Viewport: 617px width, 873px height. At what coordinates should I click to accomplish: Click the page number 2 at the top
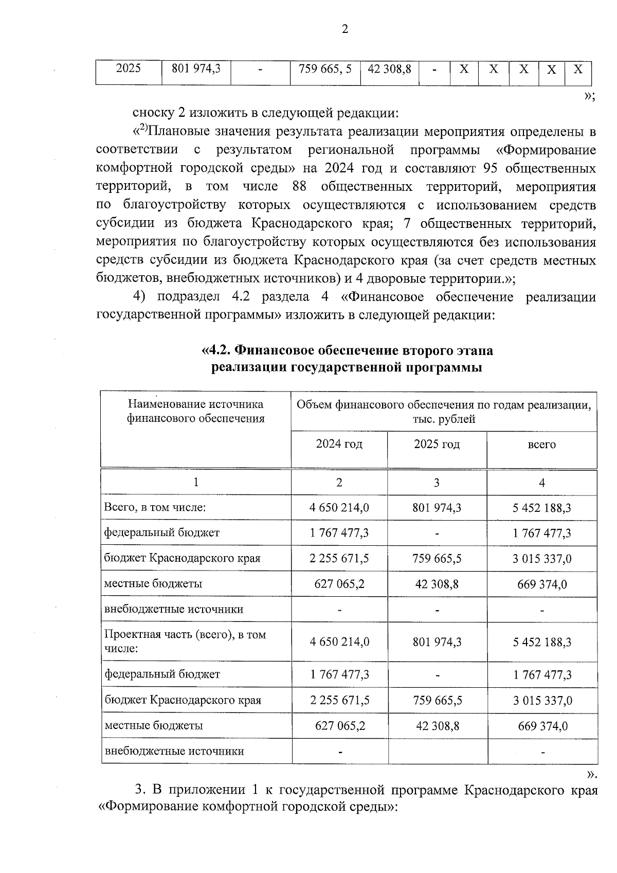[344, 29]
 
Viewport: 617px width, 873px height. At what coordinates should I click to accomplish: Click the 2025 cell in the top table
[128, 68]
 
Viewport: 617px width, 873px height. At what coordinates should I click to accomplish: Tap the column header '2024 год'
[339, 444]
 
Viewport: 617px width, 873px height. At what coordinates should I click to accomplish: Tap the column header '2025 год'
[437, 444]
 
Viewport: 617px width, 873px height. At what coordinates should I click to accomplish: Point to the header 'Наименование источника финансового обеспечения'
[195, 412]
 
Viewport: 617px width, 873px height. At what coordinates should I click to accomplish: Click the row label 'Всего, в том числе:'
[155, 508]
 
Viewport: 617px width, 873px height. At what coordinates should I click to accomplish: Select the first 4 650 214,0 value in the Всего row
[339, 508]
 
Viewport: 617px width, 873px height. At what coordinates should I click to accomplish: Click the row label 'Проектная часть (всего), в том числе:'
[185, 642]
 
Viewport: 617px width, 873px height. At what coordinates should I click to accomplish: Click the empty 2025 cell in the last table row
[437, 751]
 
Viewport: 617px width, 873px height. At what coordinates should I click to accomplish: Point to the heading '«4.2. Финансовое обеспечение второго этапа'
[347, 350]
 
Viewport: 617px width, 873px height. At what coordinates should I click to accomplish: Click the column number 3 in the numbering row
[437, 483]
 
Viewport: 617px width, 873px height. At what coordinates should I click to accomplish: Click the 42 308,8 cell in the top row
[389, 69]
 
